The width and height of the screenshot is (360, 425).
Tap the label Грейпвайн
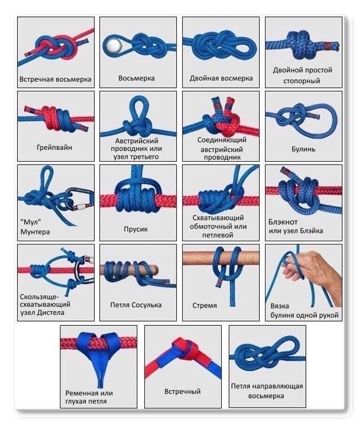(x=55, y=148)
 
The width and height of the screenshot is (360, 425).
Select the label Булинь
(x=304, y=149)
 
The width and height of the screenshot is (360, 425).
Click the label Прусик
(x=136, y=229)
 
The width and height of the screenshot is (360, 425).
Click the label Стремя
(x=204, y=306)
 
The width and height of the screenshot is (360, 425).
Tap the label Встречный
(x=182, y=392)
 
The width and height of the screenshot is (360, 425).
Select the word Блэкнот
(x=283, y=222)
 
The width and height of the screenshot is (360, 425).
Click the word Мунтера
(x=35, y=232)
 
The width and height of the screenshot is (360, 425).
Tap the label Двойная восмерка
(x=221, y=79)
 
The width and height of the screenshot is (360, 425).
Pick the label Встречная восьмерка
(x=55, y=79)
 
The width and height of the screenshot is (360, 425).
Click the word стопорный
(x=302, y=81)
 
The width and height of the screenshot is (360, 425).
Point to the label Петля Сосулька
(x=136, y=305)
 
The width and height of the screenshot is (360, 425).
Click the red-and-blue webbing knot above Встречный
(x=187, y=348)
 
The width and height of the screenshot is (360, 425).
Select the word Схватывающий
(x=218, y=218)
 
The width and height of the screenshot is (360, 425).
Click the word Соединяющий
(x=222, y=140)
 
